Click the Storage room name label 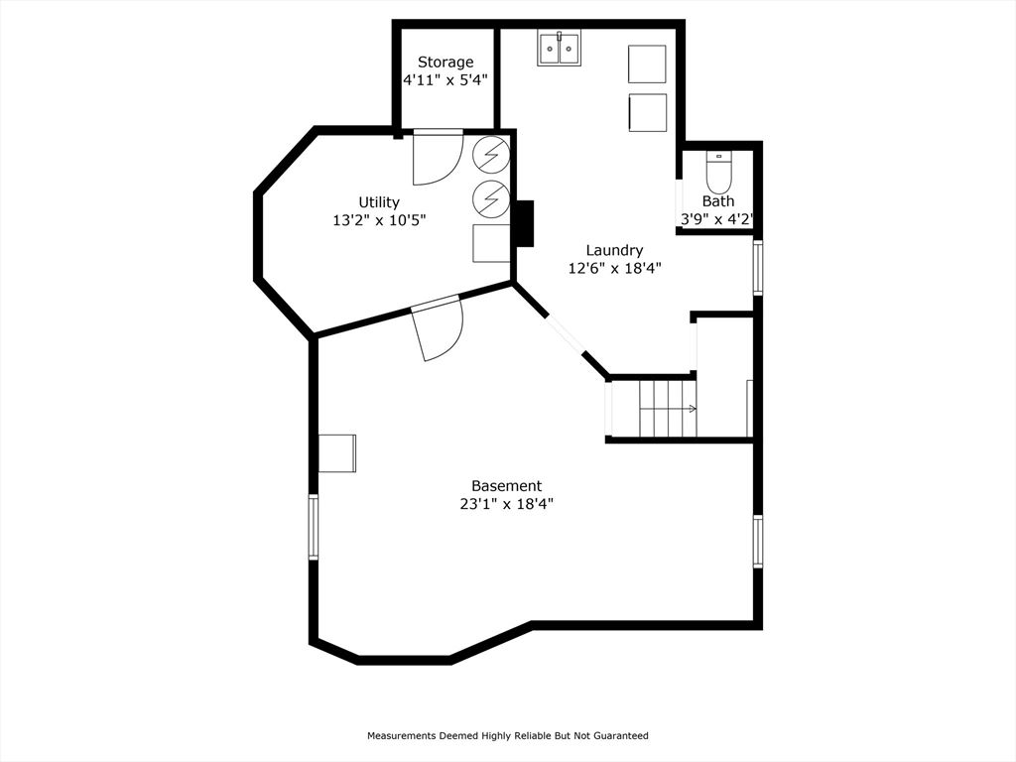pyautogui.click(x=445, y=63)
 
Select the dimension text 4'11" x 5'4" pyautogui.click(x=445, y=80)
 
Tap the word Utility pyautogui.click(x=379, y=202)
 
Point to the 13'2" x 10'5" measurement pyautogui.click(x=379, y=220)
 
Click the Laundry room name pyautogui.click(x=614, y=250)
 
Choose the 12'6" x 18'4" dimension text pyautogui.click(x=614, y=268)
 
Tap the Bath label pyautogui.click(x=718, y=201)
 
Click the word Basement pyautogui.click(x=506, y=486)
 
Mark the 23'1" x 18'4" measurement pyautogui.click(x=506, y=504)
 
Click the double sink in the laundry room pyautogui.click(x=560, y=48)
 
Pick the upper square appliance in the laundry pyautogui.click(x=647, y=63)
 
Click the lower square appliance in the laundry pyautogui.click(x=647, y=112)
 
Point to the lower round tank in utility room pyautogui.click(x=491, y=197)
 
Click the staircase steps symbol pyautogui.click(x=667, y=408)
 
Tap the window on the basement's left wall pyautogui.click(x=314, y=527)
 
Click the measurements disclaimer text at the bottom pyautogui.click(x=507, y=736)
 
